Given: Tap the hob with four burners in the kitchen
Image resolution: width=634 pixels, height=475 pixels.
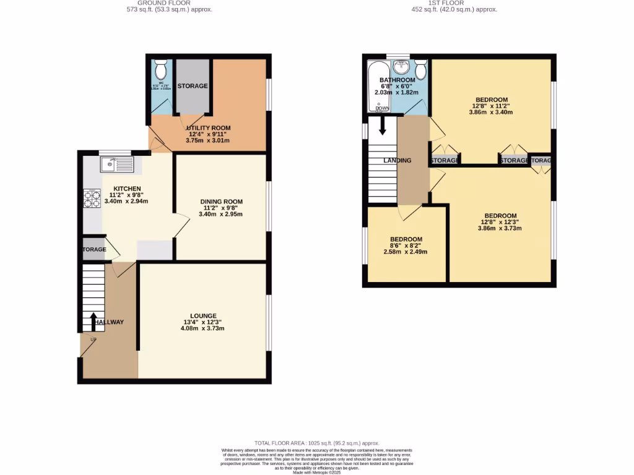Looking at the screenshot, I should (x=92, y=199).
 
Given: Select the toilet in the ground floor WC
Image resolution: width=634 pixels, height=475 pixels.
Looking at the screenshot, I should (x=160, y=68).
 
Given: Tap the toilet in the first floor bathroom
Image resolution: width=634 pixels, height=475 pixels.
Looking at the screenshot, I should (x=421, y=70).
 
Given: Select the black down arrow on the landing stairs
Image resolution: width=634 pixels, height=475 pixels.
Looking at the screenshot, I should (x=382, y=126).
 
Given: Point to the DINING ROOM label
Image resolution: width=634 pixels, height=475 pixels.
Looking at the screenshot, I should (x=221, y=202).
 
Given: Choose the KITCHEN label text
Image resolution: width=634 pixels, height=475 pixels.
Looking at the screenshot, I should (x=126, y=189).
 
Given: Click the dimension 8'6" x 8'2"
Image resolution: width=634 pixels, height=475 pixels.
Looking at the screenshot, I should (x=406, y=246).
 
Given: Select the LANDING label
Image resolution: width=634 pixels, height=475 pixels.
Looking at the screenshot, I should (x=397, y=161).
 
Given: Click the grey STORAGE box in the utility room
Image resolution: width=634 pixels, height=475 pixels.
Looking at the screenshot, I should (x=193, y=86).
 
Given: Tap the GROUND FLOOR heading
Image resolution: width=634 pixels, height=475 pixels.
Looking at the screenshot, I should (x=159, y=3).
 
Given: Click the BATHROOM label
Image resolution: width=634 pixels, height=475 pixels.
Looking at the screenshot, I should (x=397, y=80).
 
